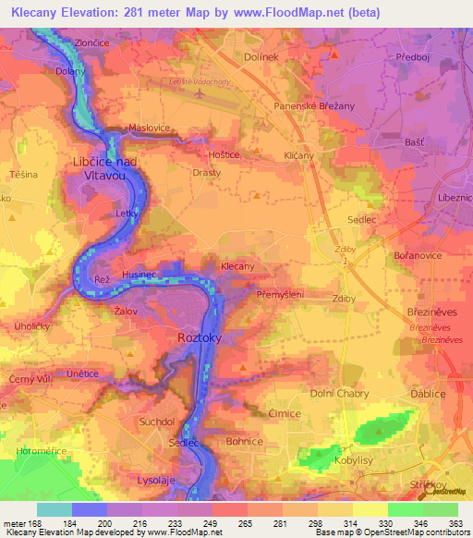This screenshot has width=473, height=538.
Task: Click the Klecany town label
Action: pos(237,266)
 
